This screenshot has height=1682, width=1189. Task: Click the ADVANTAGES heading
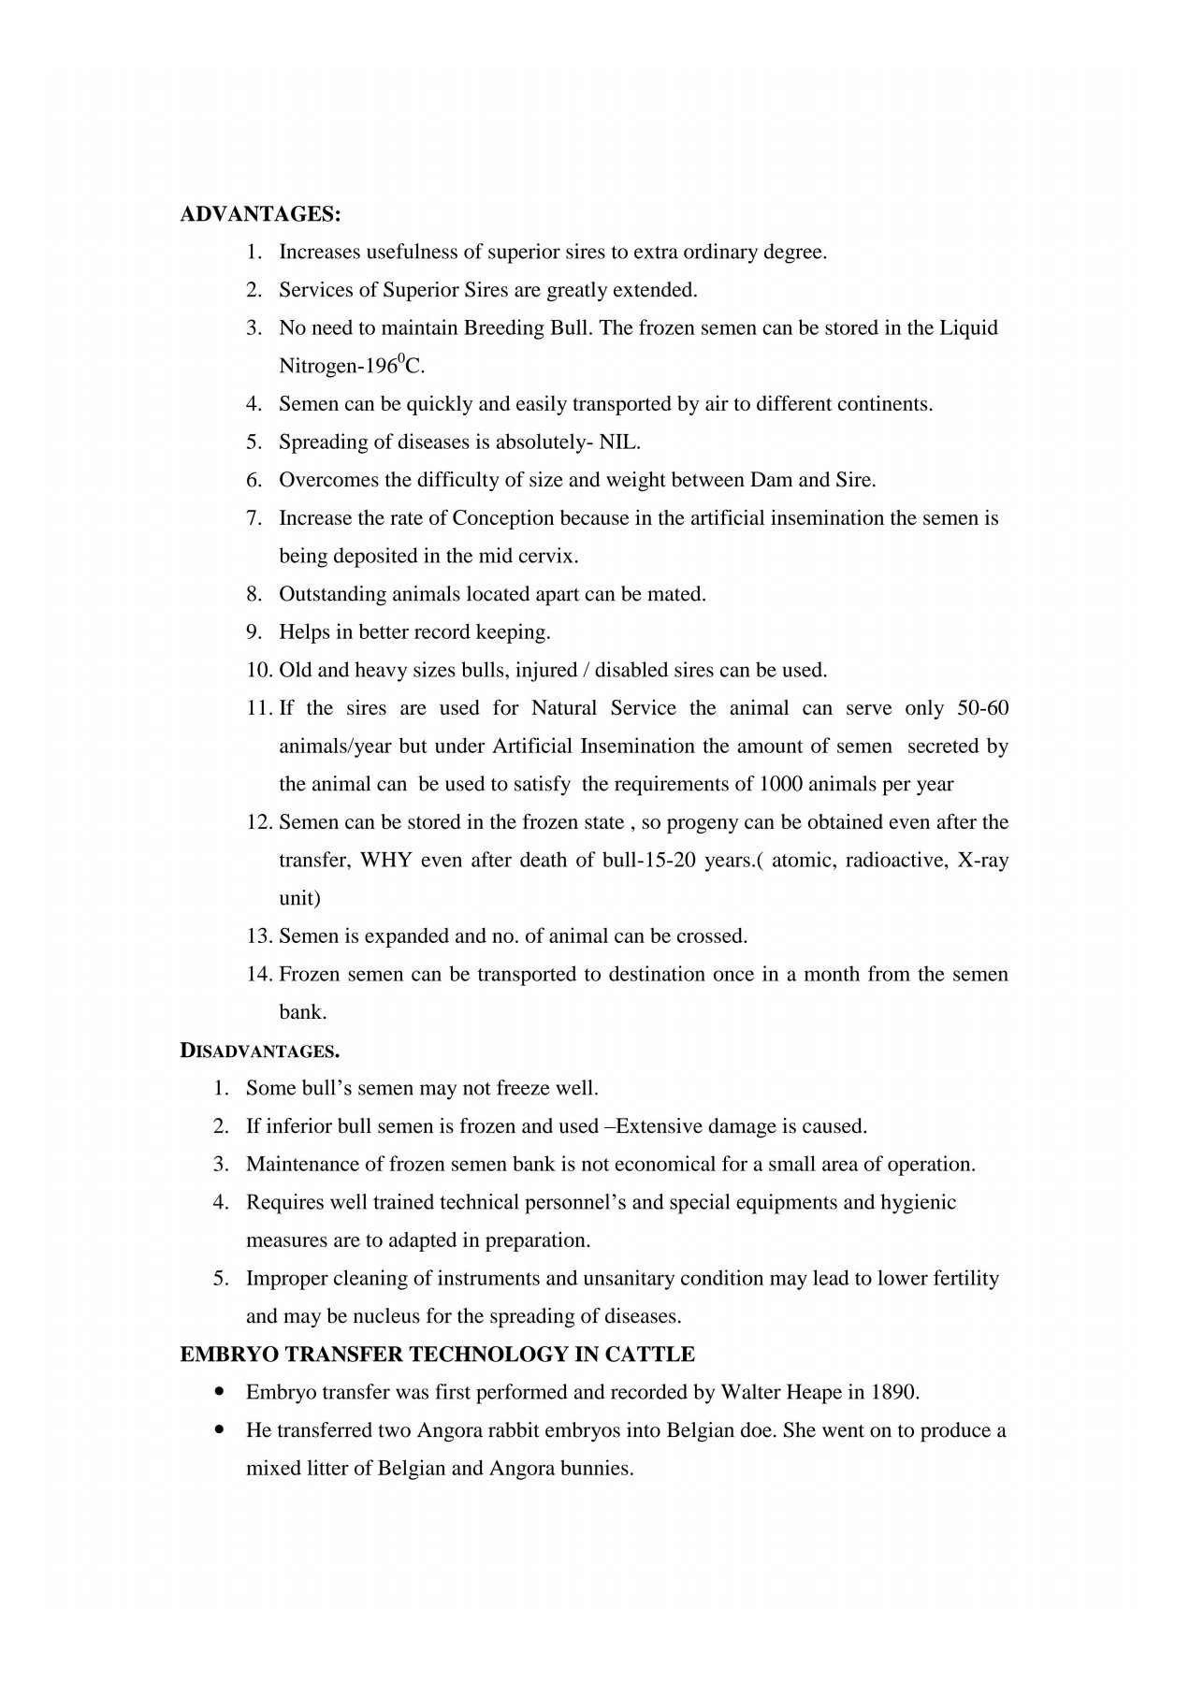(260, 214)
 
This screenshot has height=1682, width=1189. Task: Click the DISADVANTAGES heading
(259, 1051)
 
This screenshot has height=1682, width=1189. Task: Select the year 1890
(894, 1393)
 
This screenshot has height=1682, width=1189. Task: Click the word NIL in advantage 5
(618, 442)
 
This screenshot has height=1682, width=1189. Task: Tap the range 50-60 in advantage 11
(983, 708)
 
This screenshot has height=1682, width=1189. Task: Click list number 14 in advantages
(258, 975)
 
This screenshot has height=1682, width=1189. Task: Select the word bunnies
(601, 1469)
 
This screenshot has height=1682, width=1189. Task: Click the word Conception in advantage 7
(503, 518)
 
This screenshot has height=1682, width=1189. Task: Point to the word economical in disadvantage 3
(655, 1165)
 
